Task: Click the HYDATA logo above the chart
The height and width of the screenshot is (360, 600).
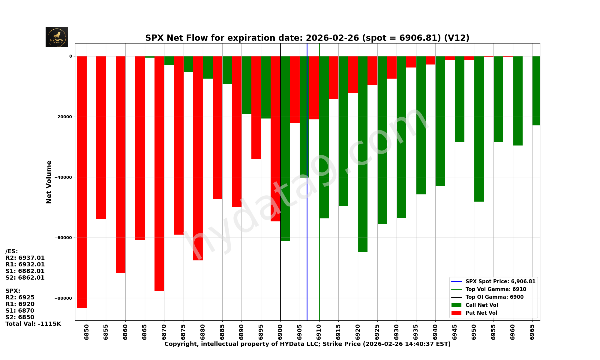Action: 57,37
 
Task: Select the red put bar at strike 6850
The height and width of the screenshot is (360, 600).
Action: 82,180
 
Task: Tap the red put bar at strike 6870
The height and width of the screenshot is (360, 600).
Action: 159,174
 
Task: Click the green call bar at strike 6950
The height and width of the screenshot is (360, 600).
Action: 479,129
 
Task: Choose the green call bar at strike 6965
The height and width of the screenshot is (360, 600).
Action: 536,90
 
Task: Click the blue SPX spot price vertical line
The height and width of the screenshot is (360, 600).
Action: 307,240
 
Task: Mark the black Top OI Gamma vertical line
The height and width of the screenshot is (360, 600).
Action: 280,270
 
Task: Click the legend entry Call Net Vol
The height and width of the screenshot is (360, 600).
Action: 481,305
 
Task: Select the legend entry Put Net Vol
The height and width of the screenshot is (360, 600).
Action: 481,313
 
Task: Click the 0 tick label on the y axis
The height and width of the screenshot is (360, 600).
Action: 71,56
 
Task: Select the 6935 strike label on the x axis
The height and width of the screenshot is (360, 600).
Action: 416,332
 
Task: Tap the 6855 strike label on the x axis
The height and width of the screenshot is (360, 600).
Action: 106,332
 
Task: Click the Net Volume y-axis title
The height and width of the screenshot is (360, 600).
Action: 49,182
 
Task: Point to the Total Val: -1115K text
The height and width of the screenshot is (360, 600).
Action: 33,324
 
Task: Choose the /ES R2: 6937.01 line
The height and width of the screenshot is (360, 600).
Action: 25,258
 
